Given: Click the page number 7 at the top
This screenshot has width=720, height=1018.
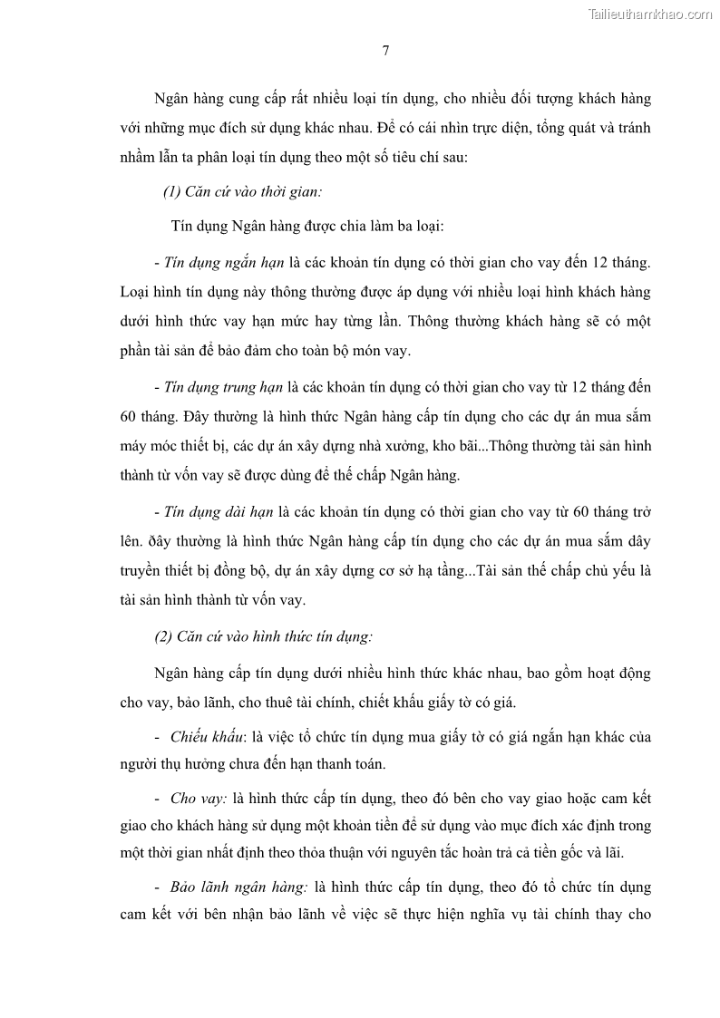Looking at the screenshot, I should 385,52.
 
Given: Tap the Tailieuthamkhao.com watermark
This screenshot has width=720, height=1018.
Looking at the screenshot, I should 650,14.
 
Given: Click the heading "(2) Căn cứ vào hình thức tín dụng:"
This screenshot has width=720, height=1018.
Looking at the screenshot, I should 263,635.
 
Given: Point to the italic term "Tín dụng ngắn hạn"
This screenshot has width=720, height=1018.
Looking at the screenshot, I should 224,263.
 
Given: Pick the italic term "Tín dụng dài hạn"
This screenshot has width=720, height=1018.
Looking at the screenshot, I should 219,512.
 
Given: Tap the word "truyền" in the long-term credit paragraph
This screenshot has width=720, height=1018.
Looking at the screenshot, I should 142,571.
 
